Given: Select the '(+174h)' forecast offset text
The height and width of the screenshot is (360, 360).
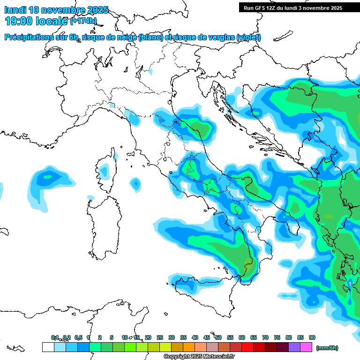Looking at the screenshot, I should (x=83, y=21).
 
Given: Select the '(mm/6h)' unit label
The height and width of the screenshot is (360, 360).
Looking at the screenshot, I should (x=327, y=348).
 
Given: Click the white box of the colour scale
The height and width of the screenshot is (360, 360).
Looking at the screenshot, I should (x=48, y=347).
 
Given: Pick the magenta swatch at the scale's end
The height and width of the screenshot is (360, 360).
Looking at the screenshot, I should (x=306, y=347).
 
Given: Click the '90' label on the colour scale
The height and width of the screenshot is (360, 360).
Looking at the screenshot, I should (x=312, y=337).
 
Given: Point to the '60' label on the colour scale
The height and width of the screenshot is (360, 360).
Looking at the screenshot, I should (x=242, y=337).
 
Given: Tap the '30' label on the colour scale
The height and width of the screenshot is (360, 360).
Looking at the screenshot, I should (x=172, y=337).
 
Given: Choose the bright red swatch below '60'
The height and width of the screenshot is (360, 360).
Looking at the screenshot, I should (x=247, y=347).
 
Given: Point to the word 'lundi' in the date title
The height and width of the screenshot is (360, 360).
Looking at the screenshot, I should (x=15, y=10).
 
